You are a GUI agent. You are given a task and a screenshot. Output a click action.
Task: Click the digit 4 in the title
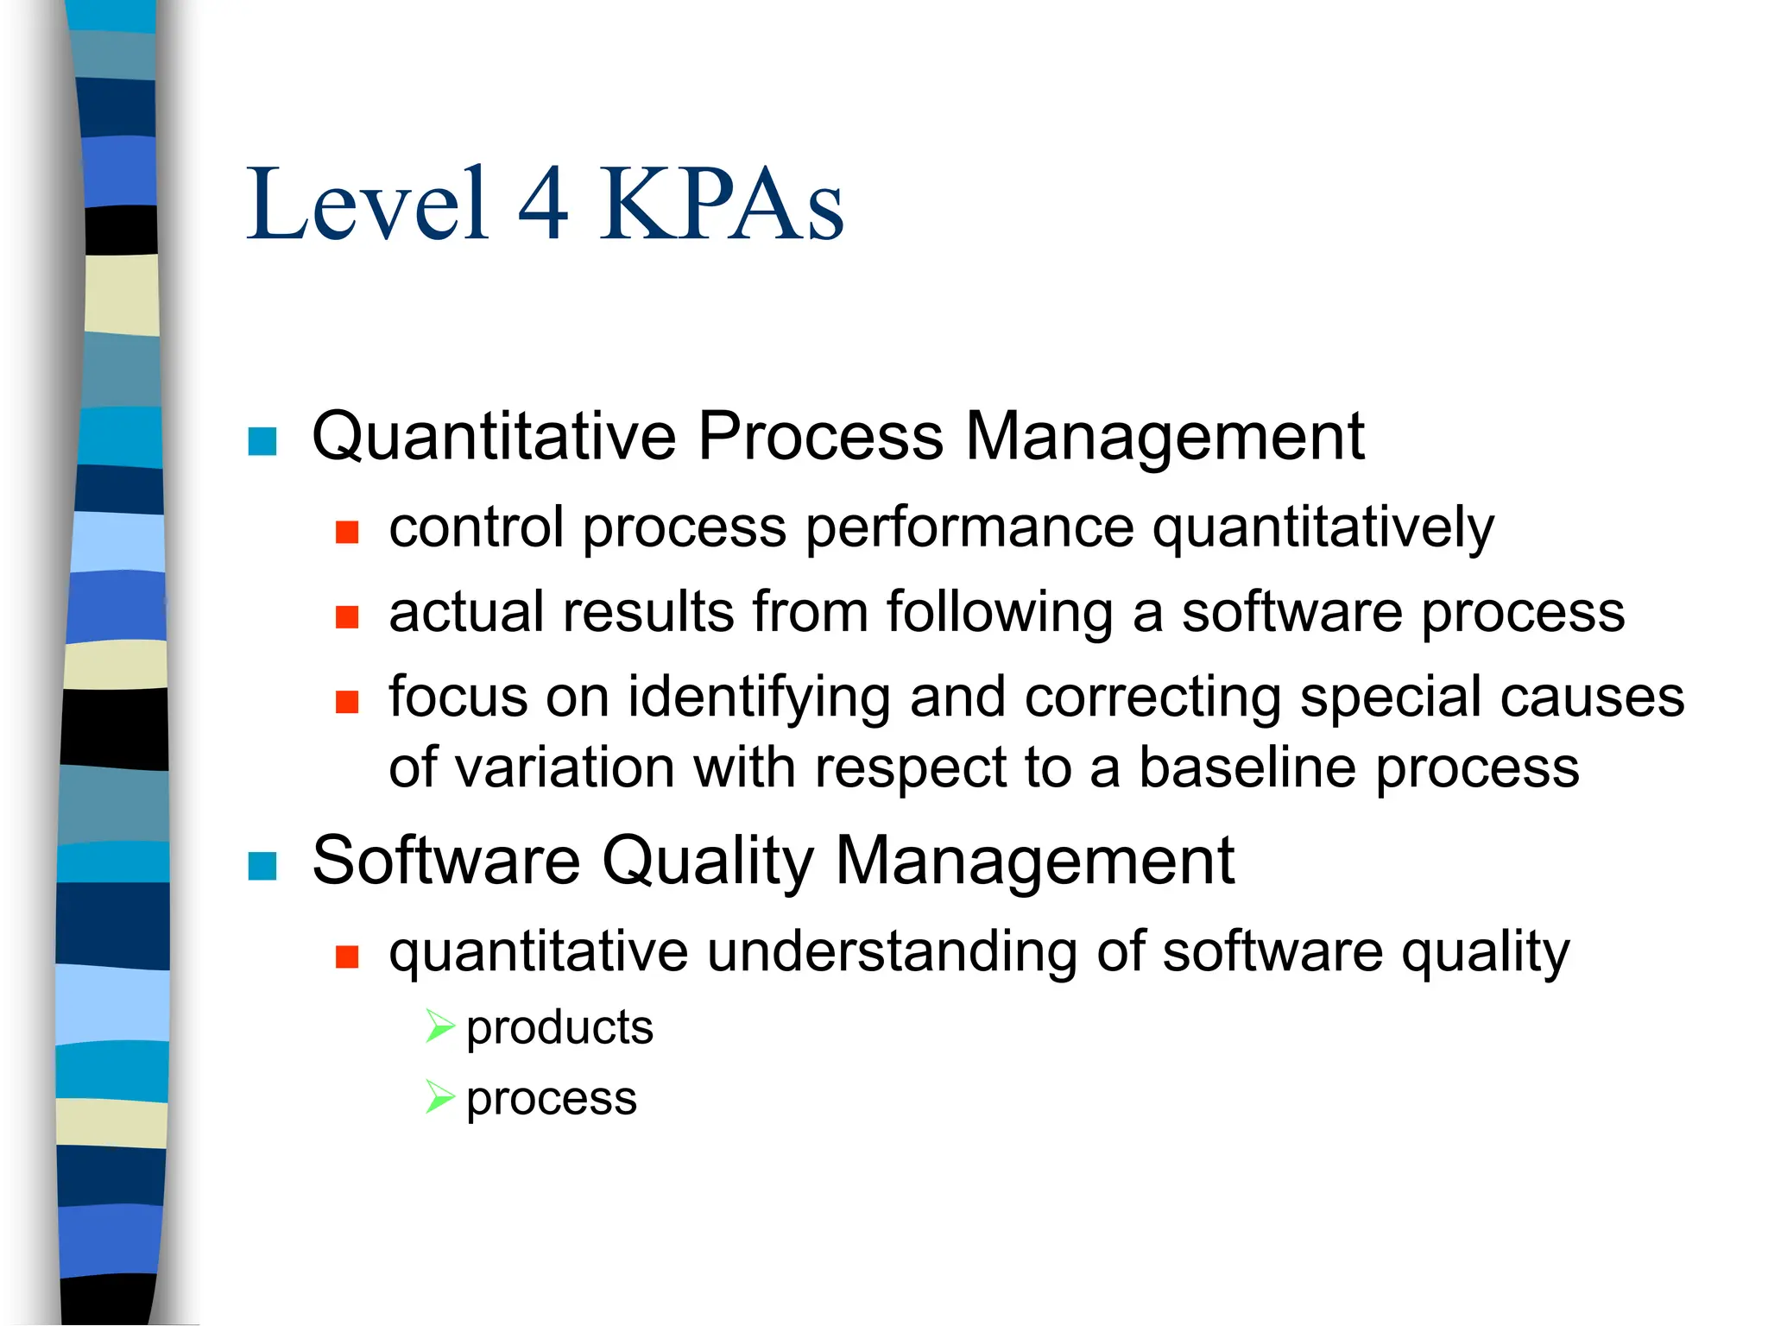click(544, 205)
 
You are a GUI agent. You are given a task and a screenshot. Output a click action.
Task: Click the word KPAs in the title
click(722, 205)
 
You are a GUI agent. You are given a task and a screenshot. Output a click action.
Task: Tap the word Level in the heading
click(368, 205)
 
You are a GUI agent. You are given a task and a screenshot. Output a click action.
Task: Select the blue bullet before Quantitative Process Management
click(262, 441)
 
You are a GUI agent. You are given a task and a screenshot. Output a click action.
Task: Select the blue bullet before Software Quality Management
click(262, 865)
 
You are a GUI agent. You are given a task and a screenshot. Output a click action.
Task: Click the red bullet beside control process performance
click(347, 531)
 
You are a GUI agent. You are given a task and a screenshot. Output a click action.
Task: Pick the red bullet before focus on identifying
click(347, 701)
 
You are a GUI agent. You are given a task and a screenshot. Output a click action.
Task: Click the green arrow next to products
click(439, 1026)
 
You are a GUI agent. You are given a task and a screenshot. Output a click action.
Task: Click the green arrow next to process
click(439, 1097)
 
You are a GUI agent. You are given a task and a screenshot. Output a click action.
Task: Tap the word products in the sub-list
click(559, 1028)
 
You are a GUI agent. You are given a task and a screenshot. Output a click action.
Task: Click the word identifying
click(758, 698)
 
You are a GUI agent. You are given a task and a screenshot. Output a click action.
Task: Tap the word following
click(1000, 613)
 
